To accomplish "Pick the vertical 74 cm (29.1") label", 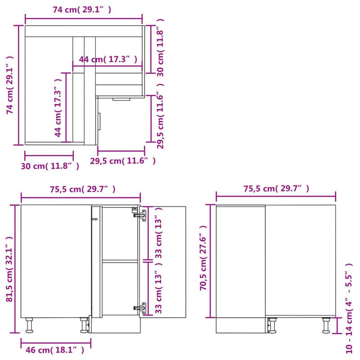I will (x=10, y=85).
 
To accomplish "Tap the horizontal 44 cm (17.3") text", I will (x=108, y=59).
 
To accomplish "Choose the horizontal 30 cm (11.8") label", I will (x=50, y=166).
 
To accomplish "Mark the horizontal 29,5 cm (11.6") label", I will (x=123, y=161).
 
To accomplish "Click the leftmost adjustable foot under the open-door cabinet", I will (x=30, y=325).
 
